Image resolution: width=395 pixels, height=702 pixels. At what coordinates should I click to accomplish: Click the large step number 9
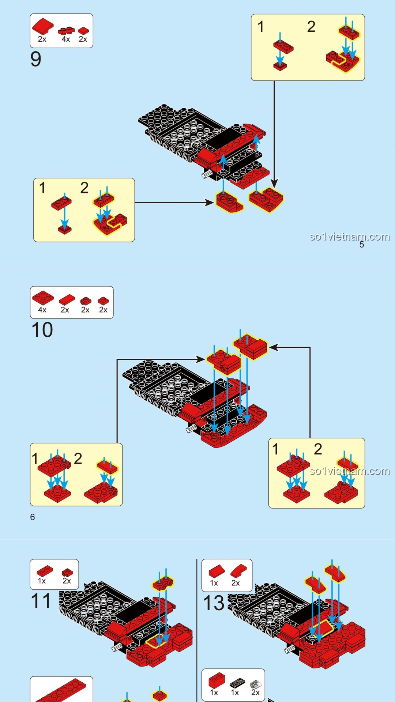[x=36, y=59]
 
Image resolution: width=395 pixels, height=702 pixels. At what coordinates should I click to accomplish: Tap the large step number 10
[x=42, y=330]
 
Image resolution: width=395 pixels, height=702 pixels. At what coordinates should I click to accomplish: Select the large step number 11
[x=41, y=601]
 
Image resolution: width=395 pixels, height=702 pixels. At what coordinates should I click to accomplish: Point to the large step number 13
[x=214, y=603]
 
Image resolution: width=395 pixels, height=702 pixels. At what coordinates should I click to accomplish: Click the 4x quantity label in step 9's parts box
[x=66, y=39]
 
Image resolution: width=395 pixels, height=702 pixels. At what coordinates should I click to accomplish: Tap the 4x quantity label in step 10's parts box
[x=42, y=310]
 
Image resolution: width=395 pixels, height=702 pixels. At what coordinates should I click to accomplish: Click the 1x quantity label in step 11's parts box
[x=42, y=581]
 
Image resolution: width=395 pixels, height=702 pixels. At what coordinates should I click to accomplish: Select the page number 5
[x=362, y=245]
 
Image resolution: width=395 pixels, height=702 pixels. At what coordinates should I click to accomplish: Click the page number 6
[x=33, y=517]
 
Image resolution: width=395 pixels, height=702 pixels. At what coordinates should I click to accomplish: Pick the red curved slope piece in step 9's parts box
[x=43, y=26]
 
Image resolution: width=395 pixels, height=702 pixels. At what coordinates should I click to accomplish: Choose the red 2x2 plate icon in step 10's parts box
[x=43, y=297]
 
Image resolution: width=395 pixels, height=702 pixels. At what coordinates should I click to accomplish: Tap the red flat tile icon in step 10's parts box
[x=67, y=300]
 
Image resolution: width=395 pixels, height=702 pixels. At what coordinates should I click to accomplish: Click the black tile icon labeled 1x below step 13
[x=237, y=683]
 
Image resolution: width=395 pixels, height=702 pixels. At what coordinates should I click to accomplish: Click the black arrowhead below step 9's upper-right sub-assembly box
[x=274, y=183]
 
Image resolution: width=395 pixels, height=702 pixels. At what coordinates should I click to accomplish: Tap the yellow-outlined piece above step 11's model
[x=163, y=584]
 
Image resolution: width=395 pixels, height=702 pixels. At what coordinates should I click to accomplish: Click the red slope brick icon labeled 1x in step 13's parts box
[x=217, y=571]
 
